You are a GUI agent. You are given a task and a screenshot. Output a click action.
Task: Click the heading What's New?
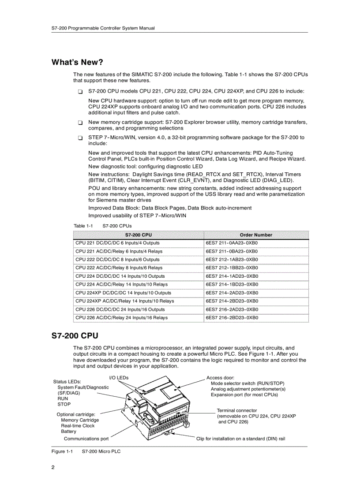(x=77, y=62)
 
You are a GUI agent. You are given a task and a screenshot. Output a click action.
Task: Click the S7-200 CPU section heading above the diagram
(x=75, y=336)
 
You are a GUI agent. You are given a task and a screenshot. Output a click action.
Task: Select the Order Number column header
(x=256, y=235)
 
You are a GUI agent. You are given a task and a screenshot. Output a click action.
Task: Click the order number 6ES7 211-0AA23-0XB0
(x=232, y=243)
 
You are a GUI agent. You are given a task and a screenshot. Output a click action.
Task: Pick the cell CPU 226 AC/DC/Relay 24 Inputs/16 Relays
(x=121, y=317)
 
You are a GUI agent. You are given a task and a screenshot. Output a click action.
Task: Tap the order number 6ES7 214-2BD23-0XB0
(x=232, y=301)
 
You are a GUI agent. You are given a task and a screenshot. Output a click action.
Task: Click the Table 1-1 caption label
(x=83, y=226)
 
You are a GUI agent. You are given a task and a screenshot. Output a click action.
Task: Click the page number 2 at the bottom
(x=53, y=468)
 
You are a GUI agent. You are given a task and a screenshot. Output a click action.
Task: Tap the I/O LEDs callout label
(x=119, y=378)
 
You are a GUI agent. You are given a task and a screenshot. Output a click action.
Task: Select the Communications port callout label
(x=86, y=439)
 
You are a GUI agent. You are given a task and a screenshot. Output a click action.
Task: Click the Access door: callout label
(x=220, y=378)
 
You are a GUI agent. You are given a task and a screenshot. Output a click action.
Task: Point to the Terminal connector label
(x=236, y=410)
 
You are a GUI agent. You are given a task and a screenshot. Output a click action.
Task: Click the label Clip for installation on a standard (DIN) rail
(x=240, y=439)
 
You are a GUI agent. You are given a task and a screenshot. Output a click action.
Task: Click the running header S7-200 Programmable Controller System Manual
(x=103, y=28)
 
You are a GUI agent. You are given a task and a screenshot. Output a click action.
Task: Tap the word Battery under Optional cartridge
(x=68, y=432)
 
